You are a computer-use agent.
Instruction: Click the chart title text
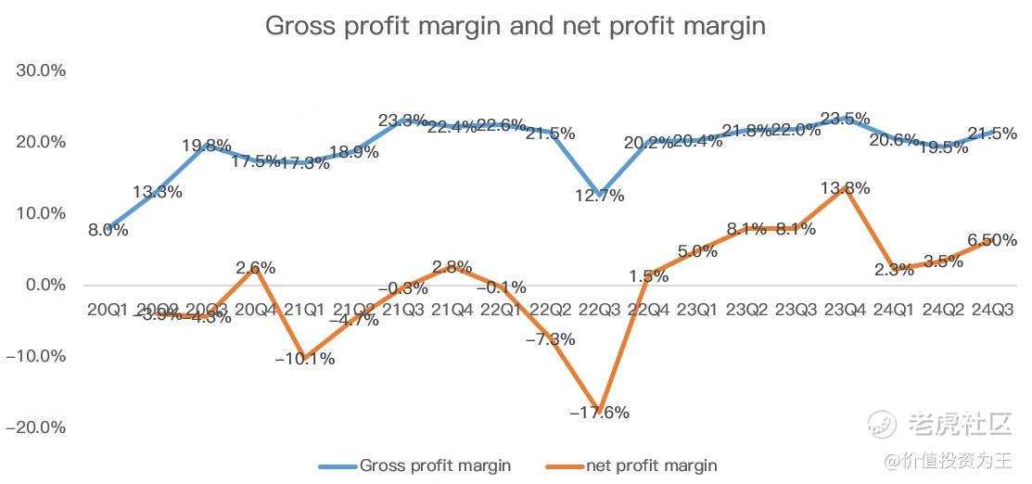point(516,25)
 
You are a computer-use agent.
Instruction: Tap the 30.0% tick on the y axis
point(39,71)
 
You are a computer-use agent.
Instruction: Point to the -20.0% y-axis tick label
point(35,427)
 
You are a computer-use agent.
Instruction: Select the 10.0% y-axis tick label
point(39,213)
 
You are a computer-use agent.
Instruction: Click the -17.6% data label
point(599,413)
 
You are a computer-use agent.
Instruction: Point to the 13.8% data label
point(845,189)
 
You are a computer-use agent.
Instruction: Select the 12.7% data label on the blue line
point(599,196)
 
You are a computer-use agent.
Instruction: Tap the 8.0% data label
point(108,230)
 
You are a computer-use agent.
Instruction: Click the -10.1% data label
point(305,359)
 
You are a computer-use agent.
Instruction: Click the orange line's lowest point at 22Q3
point(599,409)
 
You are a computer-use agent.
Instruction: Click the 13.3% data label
point(157,192)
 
